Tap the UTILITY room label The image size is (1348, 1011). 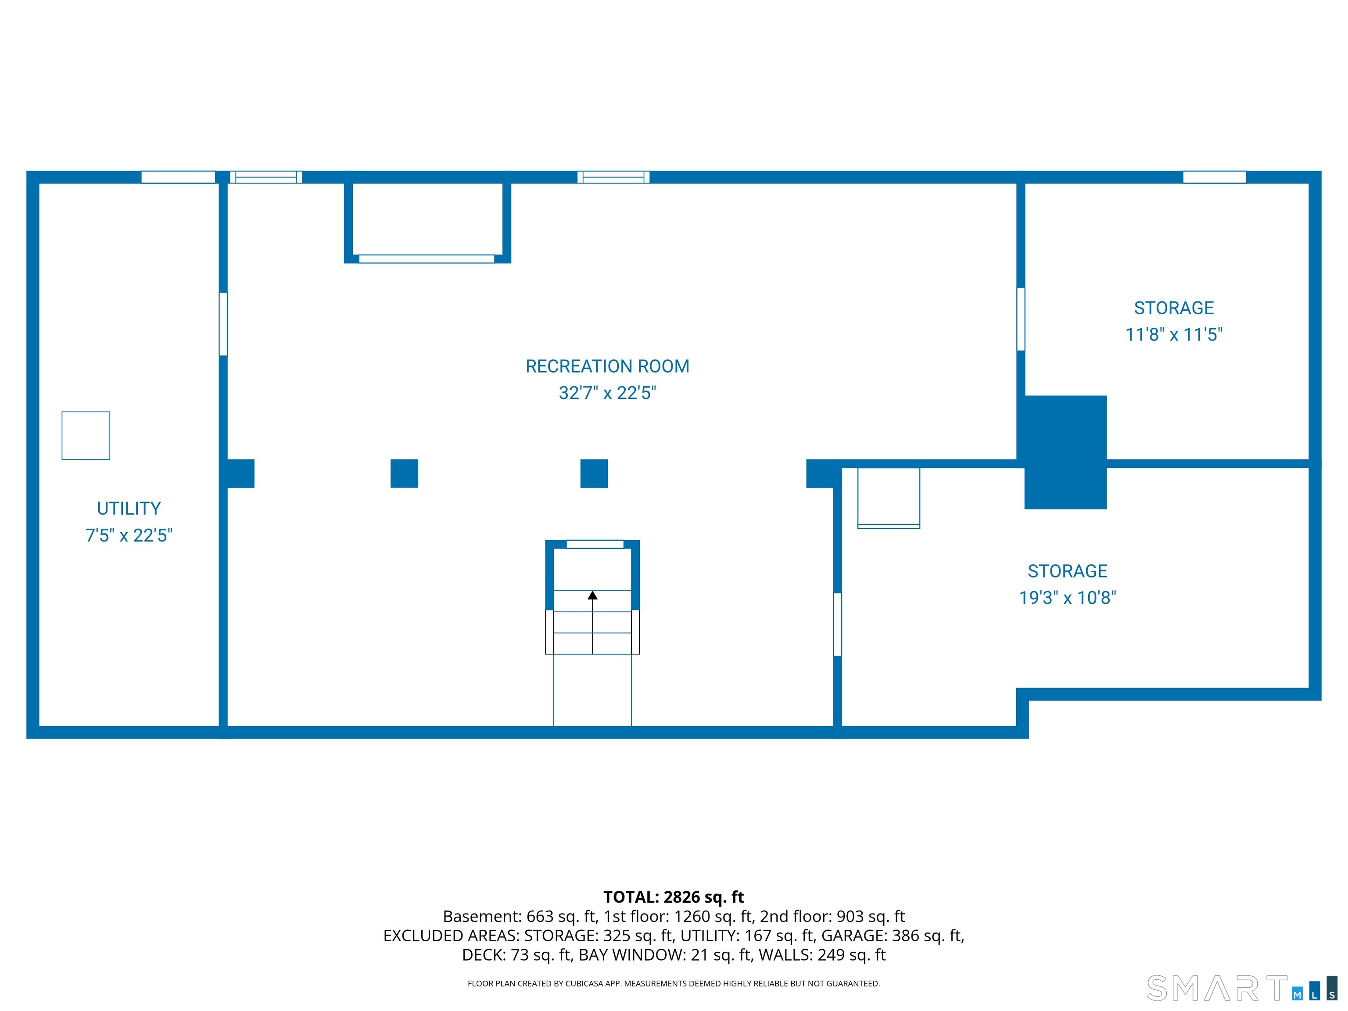pos(129,508)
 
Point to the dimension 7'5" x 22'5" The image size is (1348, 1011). pos(129,535)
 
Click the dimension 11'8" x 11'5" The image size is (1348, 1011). pos(1174,334)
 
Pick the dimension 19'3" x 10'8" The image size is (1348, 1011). pos(1068,597)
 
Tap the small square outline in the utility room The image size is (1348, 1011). pos(86,436)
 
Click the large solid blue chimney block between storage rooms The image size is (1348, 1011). pos(1065,452)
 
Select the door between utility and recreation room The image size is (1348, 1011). pos(223,324)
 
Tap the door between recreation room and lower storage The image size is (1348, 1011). pos(837,625)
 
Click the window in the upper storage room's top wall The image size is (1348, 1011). pos(1215,177)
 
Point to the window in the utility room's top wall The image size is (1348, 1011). pos(178,177)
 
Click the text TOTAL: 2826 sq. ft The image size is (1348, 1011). pos(674,897)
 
